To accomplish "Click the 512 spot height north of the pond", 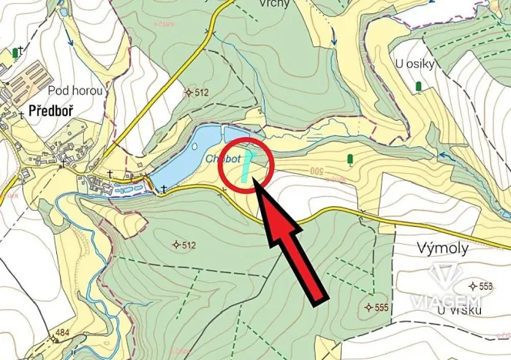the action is click(199, 93).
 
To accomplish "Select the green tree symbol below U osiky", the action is click(419, 86).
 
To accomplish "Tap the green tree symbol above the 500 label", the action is click(350, 159).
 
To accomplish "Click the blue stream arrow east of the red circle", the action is click(444, 155).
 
